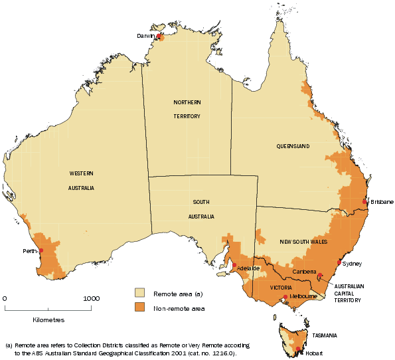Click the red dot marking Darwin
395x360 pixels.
(159, 37)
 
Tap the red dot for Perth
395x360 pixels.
(41, 250)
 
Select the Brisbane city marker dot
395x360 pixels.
(364, 202)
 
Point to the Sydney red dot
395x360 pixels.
(339, 263)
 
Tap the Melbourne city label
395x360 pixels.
(303, 296)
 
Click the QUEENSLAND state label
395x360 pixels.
(293, 145)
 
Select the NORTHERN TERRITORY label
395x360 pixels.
(187, 107)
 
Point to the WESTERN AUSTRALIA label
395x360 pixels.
(81, 180)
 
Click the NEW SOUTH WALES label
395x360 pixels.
(303, 241)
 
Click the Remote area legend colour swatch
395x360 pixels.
(140, 292)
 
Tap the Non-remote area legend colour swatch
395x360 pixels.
(140, 308)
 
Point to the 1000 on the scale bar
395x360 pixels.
(91, 298)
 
